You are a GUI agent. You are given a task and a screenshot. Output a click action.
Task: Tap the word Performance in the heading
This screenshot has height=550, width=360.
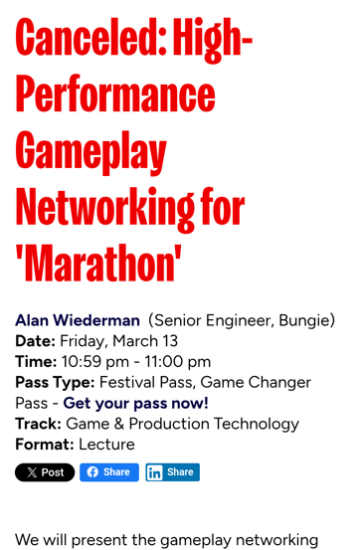coord(115,94)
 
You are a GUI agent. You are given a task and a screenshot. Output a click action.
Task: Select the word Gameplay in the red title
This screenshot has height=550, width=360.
coord(91,153)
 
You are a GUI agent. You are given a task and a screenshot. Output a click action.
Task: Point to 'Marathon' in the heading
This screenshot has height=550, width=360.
coord(98,264)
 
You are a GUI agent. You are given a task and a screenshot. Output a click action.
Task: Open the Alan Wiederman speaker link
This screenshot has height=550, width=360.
coord(78,320)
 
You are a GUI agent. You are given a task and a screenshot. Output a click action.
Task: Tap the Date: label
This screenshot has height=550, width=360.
coord(35,341)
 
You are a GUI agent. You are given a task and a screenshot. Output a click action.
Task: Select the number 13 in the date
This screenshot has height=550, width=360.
coord(170,341)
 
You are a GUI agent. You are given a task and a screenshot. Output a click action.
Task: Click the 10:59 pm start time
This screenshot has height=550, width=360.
coord(95,362)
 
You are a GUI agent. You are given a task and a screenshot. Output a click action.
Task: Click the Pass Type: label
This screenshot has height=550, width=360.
coord(55,383)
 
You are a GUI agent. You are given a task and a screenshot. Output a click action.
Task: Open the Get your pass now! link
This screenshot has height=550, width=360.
coord(136,403)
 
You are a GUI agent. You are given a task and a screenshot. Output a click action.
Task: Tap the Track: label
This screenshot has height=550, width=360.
coord(38,424)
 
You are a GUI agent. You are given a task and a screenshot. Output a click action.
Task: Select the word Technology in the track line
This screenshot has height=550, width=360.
coord(257,424)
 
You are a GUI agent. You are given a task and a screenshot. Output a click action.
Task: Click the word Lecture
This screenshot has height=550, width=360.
coord(106,445)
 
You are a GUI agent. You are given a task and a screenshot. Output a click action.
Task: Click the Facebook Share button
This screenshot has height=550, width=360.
coord(109,472)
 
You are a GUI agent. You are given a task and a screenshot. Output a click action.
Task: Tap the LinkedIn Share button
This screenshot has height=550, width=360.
coord(173,472)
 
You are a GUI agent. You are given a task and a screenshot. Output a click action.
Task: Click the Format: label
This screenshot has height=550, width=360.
coord(45,445)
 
